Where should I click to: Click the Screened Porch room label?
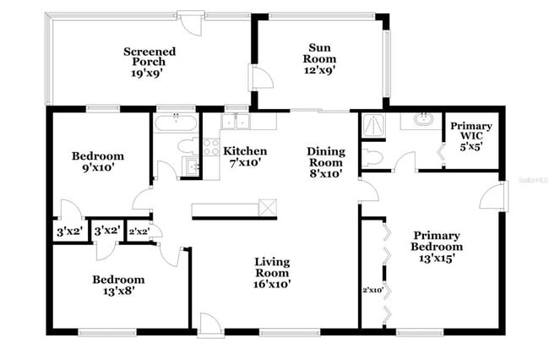coord(149,62)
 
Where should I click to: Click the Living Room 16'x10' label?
coord(272,273)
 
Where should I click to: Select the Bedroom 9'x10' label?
coord(97,161)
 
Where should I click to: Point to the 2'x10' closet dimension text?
coord(372,290)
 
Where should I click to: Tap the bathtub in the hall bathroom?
coord(176,123)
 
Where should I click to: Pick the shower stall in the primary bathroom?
coord(372,124)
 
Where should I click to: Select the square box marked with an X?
coord(269,207)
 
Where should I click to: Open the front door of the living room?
coord(208,325)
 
